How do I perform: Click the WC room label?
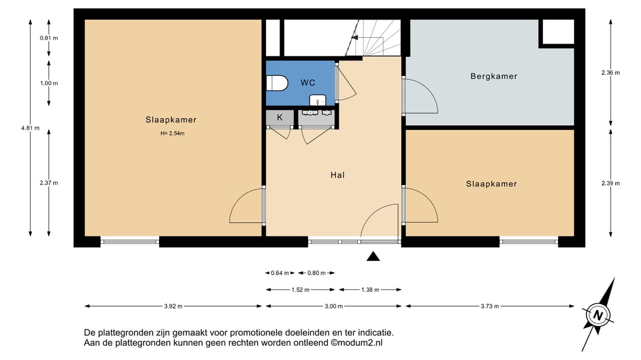click(x=307, y=82)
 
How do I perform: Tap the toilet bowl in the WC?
click(x=278, y=82)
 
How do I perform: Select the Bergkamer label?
click(x=493, y=77)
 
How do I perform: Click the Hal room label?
click(x=338, y=175)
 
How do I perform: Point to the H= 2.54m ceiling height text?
click(x=172, y=133)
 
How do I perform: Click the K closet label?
click(x=280, y=117)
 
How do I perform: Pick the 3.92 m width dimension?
click(x=173, y=306)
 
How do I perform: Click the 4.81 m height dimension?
click(x=30, y=127)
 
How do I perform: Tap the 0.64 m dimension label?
click(x=280, y=273)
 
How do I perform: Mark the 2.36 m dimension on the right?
click(x=610, y=73)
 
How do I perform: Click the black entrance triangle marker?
click(x=373, y=256)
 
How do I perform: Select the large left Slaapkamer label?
click(x=171, y=120)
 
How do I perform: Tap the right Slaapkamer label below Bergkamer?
click(x=491, y=184)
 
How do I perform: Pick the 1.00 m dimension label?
click(x=49, y=83)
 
